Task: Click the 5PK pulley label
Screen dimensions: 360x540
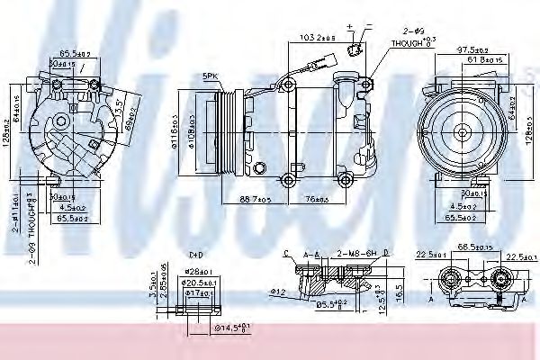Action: [211, 76]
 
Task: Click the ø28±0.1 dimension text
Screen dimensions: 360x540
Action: [199, 271]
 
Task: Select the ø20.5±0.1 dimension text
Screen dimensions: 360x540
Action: [200, 282]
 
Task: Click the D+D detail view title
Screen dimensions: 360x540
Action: [196, 256]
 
